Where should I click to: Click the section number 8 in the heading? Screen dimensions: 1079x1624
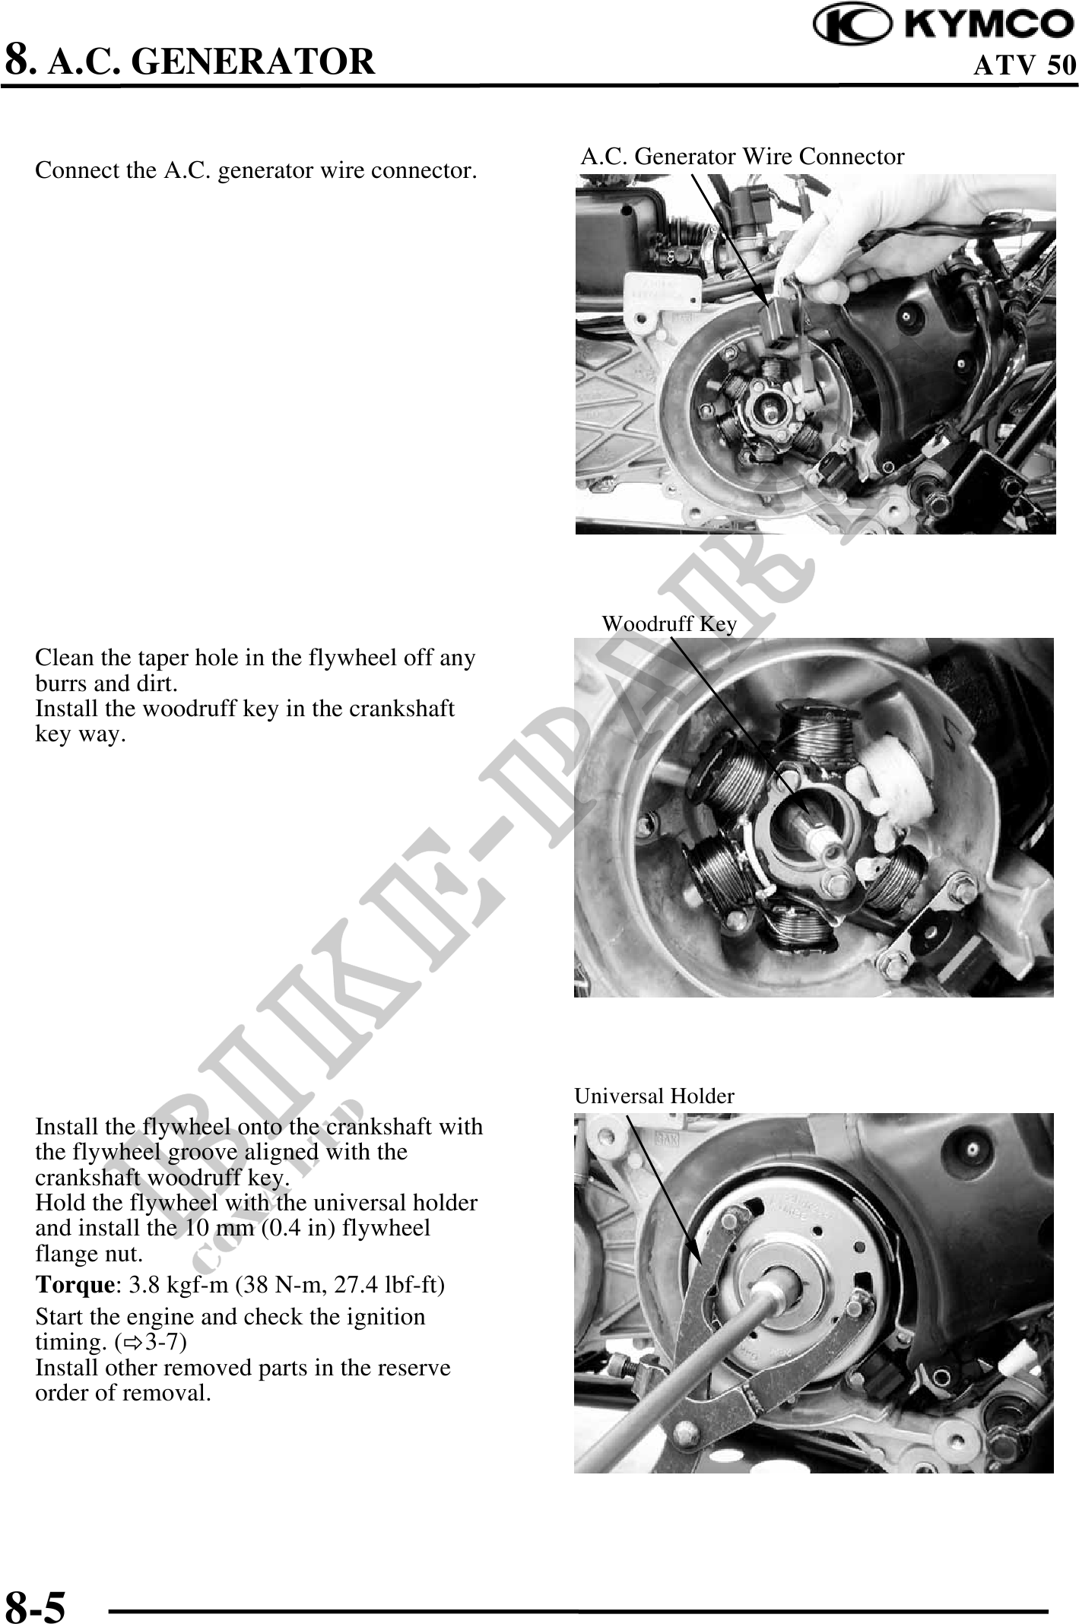[x=19, y=60]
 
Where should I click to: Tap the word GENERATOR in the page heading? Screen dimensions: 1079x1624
[x=253, y=62]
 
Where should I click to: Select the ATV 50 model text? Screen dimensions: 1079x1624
[x=1026, y=65]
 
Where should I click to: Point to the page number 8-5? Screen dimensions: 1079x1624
[x=36, y=1601]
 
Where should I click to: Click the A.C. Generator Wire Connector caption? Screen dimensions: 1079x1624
[x=743, y=157]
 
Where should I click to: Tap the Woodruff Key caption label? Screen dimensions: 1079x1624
[x=669, y=623]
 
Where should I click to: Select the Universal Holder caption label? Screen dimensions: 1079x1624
[x=654, y=1096]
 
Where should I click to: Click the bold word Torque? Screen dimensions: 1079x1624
[x=75, y=1286]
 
